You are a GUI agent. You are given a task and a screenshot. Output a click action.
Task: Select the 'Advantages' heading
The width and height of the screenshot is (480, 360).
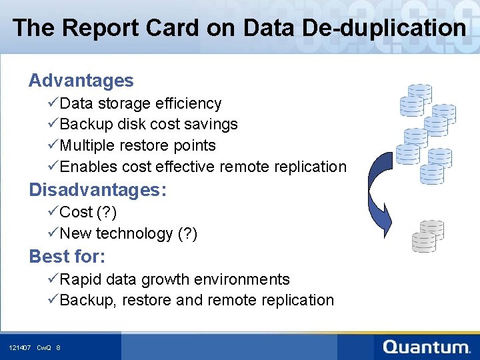tap(81, 81)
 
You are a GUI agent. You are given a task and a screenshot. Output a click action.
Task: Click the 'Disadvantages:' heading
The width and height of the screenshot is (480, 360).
tap(97, 190)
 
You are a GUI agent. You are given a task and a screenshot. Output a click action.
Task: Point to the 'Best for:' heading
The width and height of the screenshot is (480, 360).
tap(67, 256)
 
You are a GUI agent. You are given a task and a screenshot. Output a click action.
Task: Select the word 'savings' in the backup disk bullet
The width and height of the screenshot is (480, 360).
tap(212, 125)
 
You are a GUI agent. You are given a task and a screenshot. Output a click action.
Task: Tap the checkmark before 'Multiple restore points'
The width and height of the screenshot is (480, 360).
tap(53, 145)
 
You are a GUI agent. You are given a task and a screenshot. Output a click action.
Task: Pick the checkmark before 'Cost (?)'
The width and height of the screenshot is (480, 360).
tap(53, 212)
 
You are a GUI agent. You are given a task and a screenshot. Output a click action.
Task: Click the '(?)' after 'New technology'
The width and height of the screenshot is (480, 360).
tap(187, 233)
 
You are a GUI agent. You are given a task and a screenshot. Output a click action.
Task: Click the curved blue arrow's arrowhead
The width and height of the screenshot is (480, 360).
tap(384, 217)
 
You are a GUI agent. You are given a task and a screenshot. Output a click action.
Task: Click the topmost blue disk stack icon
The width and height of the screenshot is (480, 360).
tap(420, 93)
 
